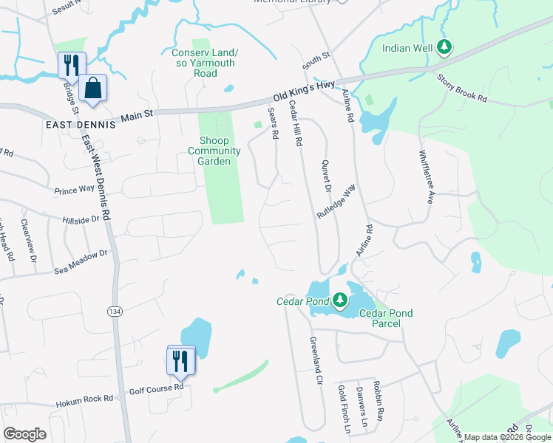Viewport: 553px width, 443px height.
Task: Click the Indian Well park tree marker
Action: pyautogui.click(x=444, y=48)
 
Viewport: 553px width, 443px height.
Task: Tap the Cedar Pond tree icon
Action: pyautogui.click(x=339, y=300)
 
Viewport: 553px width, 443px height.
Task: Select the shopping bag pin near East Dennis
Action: pyautogui.click(x=93, y=89)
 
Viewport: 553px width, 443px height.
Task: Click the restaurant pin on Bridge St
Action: pyautogui.click(x=72, y=66)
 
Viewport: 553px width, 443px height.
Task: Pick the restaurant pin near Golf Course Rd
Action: pyautogui.click(x=181, y=361)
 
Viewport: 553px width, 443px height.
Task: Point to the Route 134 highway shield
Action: pyautogui.click(x=114, y=312)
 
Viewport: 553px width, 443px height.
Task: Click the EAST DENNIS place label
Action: pyautogui.click(x=80, y=125)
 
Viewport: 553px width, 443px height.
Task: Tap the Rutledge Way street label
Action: pyautogui.click(x=336, y=201)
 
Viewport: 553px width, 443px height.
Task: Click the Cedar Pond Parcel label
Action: pyautogui.click(x=385, y=318)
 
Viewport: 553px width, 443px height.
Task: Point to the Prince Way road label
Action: pyautogui.click(x=75, y=190)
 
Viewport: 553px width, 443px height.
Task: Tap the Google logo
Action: pyautogui.click(x=24, y=434)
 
